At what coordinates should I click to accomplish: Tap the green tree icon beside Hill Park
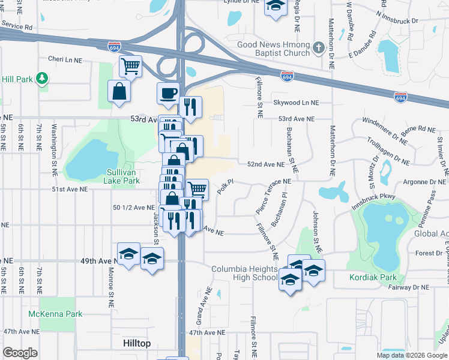pos(41,79)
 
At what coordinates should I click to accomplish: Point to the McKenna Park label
pos(55,314)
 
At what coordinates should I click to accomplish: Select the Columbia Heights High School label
pos(244,273)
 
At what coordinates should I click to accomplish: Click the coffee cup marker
pos(168,92)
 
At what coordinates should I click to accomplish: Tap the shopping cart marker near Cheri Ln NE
pos(130,65)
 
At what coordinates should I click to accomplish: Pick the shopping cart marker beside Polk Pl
pos(197,189)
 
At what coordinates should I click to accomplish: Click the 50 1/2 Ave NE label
pos(134,207)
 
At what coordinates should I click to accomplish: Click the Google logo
pos(20,353)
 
